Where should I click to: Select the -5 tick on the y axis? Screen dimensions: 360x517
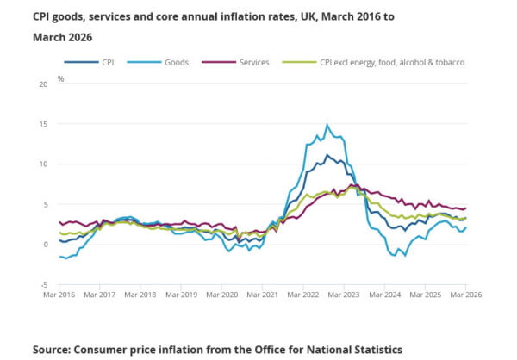[x=43, y=283]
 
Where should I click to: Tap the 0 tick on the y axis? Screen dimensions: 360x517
[x=45, y=244]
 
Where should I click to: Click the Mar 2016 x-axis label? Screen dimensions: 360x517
[x=59, y=295]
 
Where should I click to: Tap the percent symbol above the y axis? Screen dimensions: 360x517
[x=60, y=78]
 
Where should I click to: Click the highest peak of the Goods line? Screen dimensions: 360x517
[x=327, y=125]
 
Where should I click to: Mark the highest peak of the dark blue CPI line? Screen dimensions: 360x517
[x=327, y=155]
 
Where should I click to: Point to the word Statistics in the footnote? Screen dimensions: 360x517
[x=371, y=350]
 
